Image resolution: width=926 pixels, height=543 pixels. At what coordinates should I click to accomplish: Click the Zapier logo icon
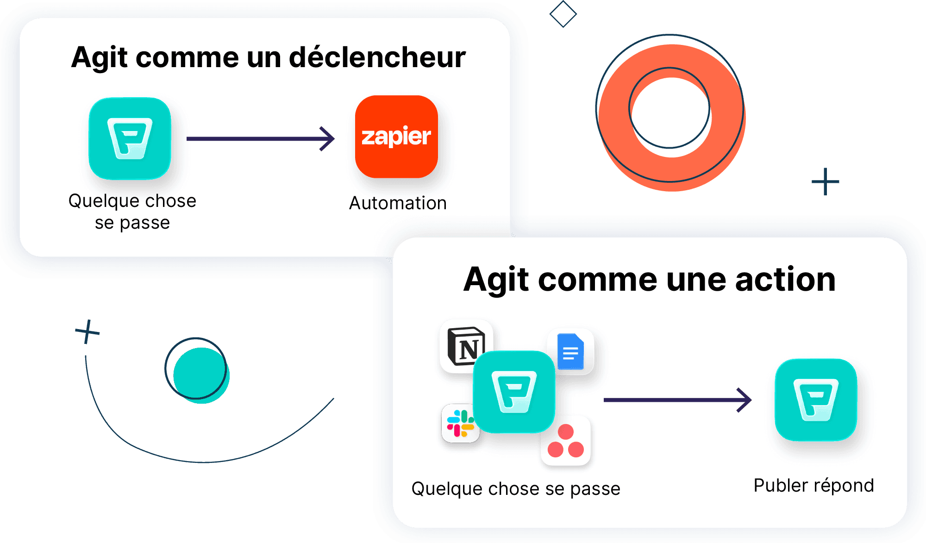pos(396,137)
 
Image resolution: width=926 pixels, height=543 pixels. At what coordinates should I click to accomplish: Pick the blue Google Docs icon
pos(571,352)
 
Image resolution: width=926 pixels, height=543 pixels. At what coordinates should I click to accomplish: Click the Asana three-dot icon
pos(566,441)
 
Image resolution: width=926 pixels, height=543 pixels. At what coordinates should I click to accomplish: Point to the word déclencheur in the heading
pos(377,57)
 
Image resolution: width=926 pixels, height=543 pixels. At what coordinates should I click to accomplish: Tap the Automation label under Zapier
pos(398,203)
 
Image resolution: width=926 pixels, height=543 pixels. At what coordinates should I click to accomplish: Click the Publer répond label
pos(813,486)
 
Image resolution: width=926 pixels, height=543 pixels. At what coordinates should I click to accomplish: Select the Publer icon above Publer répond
pos(816,400)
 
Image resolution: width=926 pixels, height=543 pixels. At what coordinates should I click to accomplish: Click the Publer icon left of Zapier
pos(130,138)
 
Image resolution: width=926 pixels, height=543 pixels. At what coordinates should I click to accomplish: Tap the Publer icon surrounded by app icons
pos(514,392)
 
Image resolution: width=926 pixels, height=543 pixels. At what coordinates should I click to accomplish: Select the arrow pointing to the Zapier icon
pos(260,138)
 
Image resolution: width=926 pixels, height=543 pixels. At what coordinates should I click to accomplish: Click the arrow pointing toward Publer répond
pos(677,400)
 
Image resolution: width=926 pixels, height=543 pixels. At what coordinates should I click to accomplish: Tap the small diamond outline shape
pos(563,14)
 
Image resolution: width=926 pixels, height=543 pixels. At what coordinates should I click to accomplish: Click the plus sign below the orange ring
pos(825,181)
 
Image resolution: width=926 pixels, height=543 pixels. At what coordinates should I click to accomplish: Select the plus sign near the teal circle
pos(87,331)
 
